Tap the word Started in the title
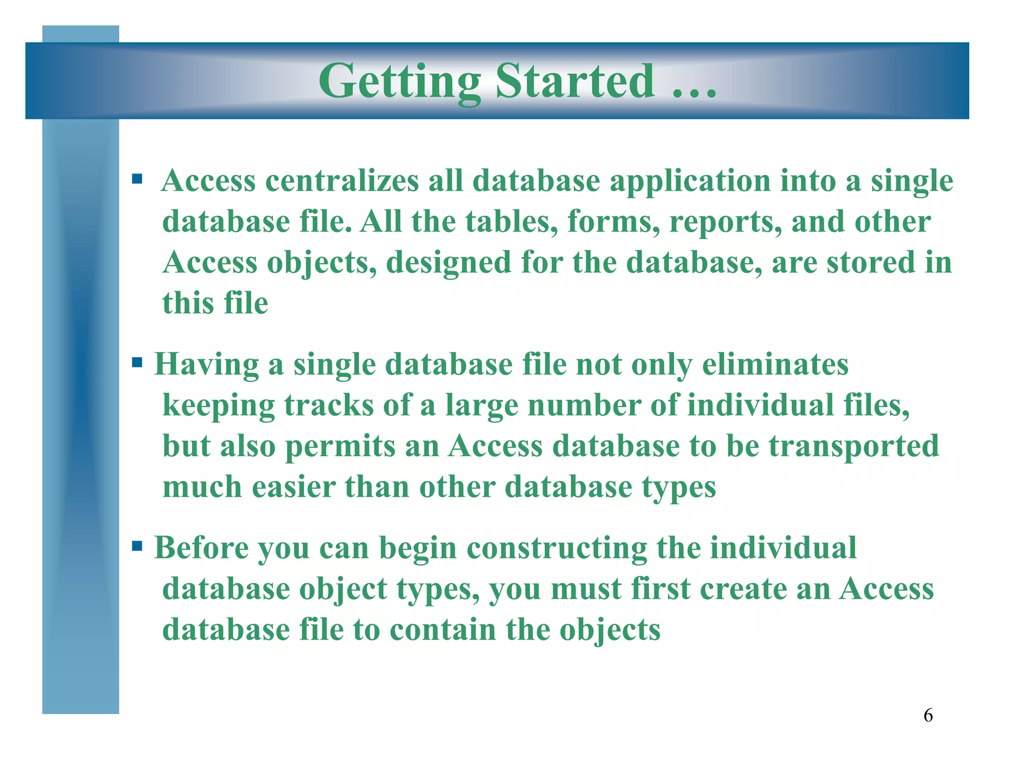pyautogui.click(x=575, y=81)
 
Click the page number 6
pyautogui.click(x=928, y=716)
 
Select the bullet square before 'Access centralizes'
pyautogui.click(x=137, y=178)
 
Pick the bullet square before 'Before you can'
pyautogui.click(x=137, y=546)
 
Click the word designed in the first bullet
pyautogui.click(x=448, y=263)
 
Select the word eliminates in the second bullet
pyautogui.click(x=775, y=365)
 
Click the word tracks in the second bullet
pyautogui.click(x=329, y=405)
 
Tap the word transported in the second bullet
pyautogui.click(x=854, y=446)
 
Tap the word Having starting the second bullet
pyautogui.click(x=207, y=365)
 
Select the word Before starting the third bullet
pyautogui.click(x=201, y=548)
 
